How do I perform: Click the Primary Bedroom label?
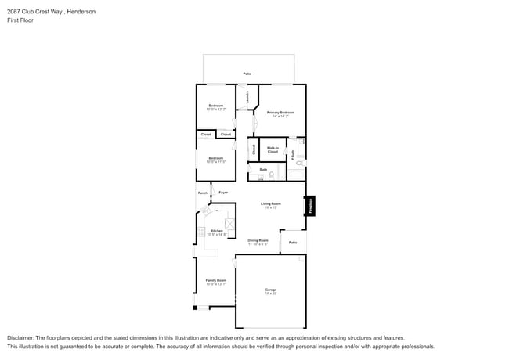pyautogui.click(x=280, y=113)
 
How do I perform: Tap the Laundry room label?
pyautogui.click(x=248, y=97)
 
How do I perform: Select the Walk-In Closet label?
pyautogui.click(x=273, y=149)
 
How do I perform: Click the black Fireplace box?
pyautogui.click(x=311, y=207)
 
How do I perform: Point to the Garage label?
pyautogui.click(x=270, y=291)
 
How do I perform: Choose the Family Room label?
pyautogui.click(x=215, y=282)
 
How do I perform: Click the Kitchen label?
pyautogui.click(x=217, y=232)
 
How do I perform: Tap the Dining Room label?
pyautogui.click(x=258, y=242)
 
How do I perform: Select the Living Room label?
pyautogui.click(x=271, y=205)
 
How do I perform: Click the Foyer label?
pyautogui.click(x=223, y=193)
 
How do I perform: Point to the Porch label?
pyautogui.click(x=203, y=193)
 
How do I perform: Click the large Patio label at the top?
pyautogui.click(x=247, y=74)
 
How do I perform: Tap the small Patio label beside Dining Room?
pyautogui.click(x=293, y=243)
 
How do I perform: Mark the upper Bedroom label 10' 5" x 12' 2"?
pyautogui.click(x=215, y=107)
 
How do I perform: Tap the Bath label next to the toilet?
pyautogui.click(x=263, y=169)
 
